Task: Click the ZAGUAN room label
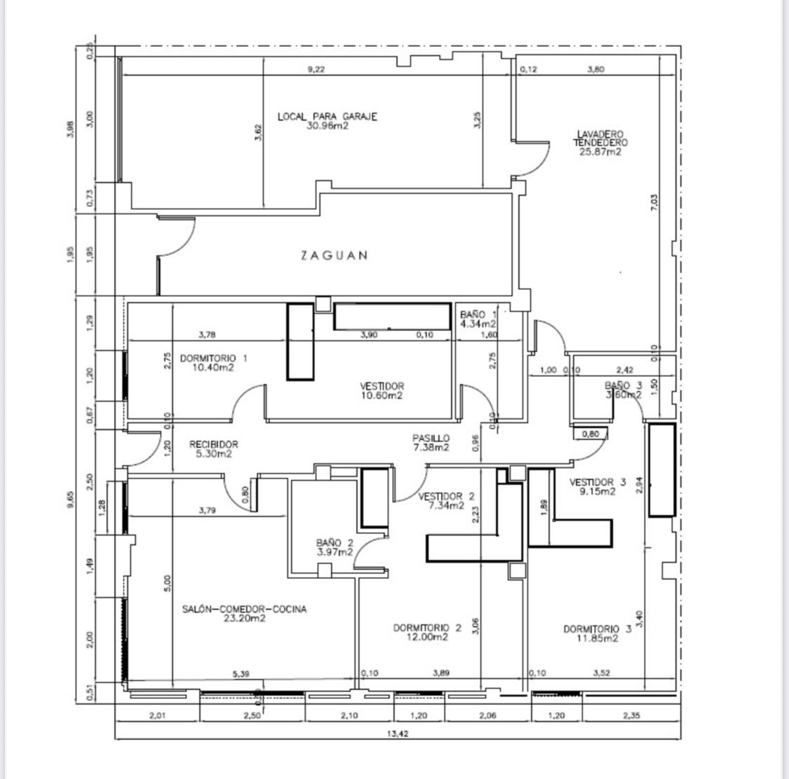(334, 255)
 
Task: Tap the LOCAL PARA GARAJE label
(327, 116)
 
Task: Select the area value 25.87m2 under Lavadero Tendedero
(600, 152)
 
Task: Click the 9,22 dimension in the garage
(316, 69)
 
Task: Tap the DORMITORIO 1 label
(213, 358)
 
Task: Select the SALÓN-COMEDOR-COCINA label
(244, 609)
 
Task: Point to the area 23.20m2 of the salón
(244, 619)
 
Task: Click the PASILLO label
(431, 438)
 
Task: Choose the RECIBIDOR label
(214, 444)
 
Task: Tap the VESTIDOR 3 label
(598, 482)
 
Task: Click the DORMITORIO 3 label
(597, 629)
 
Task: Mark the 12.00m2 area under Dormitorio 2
(427, 637)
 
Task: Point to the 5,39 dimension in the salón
(241, 674)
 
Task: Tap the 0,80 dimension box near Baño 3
(591, 434)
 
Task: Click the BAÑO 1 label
(478, 314)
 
